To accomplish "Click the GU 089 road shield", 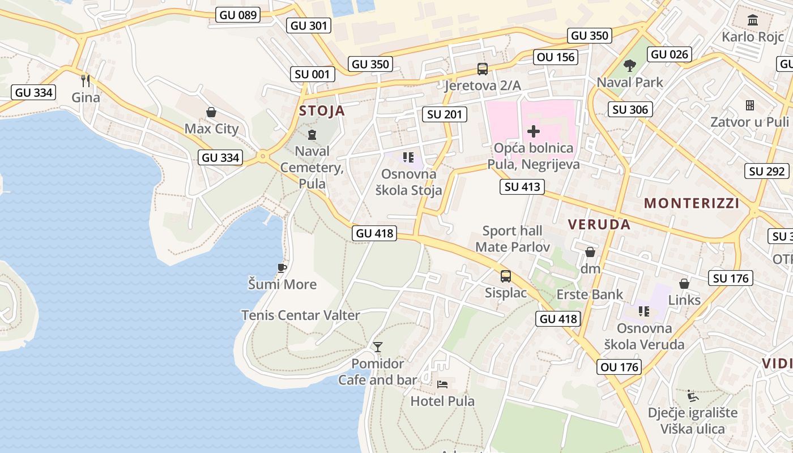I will coord(238,15).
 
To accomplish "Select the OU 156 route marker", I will coord(556,57).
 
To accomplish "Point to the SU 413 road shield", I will coord(523,187).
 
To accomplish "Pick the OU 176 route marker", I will coord(620,367).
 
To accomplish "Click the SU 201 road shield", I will coord(445,114).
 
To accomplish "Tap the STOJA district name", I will coord(322,110).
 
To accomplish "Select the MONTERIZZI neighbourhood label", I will coord(692,203).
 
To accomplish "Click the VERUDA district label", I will coord(599,224).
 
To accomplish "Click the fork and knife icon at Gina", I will coord(86,81).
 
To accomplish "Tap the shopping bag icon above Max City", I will coord(211,112).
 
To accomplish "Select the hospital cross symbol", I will coord(533,132).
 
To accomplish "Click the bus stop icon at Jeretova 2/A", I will coord(483,69).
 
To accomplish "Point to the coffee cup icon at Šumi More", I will coord(282,268).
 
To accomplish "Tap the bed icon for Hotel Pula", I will coord(443,385).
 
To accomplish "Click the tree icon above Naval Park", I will coord(629,66).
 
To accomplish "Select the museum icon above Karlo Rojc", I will coord(753,21).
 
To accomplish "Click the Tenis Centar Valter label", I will coord(301,315).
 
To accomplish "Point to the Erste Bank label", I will coord(590,294).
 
